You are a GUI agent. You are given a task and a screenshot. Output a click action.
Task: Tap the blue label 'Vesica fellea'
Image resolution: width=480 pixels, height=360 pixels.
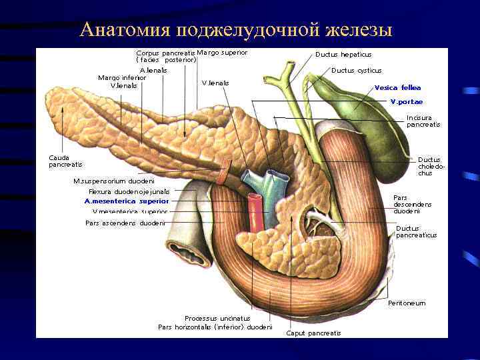coord(397,87)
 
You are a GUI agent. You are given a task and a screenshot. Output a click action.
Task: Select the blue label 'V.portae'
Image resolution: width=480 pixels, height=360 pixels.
coord(406,102)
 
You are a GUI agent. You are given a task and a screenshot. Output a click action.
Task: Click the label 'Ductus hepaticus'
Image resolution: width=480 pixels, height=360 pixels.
coord(343,55)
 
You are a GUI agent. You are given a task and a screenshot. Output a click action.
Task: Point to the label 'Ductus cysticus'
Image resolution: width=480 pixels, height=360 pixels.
coord(356,70)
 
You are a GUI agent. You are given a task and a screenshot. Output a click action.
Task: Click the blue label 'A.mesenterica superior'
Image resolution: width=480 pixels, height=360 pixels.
coord(127,201)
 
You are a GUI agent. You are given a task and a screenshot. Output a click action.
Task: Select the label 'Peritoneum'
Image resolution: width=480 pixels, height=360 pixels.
coord(407,303)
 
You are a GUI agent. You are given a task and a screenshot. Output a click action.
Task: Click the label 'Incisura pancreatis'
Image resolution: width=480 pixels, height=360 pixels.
coord(423,121)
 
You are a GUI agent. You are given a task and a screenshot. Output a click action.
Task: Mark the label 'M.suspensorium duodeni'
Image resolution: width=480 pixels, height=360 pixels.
coord(114,181)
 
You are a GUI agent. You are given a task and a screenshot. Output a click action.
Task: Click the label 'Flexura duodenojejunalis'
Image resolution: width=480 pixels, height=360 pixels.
coord(129,191)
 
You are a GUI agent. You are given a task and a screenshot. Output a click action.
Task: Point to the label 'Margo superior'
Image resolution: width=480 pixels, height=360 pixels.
coord(223,52)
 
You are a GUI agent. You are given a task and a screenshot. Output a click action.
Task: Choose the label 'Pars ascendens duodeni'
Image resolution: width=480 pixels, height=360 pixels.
coord(125,223)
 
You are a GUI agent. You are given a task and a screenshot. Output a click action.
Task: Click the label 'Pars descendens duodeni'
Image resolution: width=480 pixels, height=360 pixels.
coord(412,204)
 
